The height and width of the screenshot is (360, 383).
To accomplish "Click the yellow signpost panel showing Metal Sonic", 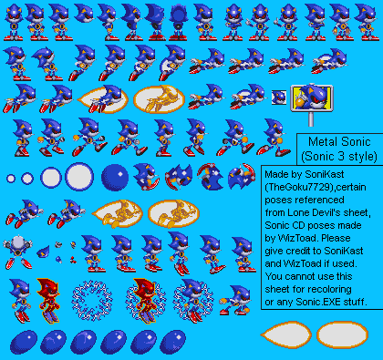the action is point(312,98).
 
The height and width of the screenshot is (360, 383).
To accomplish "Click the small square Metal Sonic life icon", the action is point(279,98).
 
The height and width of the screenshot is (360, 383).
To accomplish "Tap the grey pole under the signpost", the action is point(311,118).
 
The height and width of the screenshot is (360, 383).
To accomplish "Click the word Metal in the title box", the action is point(323,142).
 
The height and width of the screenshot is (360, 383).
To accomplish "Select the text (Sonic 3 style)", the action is point(339,157).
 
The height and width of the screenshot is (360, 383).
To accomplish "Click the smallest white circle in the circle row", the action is point(11,179).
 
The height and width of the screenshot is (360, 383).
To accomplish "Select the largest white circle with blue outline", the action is point(79,177).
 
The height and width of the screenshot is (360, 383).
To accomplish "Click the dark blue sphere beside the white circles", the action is point(115,178).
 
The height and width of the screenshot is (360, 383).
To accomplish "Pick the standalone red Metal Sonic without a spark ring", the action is point(48,300).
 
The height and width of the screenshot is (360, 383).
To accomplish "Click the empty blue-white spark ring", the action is point(92,301).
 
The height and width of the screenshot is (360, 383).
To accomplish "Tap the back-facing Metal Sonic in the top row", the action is point(179,22).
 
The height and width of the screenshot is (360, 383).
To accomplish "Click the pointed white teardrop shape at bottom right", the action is point(285,334).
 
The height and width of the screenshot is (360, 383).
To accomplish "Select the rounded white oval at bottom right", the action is point(342,334).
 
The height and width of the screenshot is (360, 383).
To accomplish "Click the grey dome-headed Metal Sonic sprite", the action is point(18,252).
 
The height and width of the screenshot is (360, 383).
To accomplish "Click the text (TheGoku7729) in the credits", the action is point(299,187).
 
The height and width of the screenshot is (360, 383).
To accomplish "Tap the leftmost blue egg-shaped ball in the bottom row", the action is point(24,342).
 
